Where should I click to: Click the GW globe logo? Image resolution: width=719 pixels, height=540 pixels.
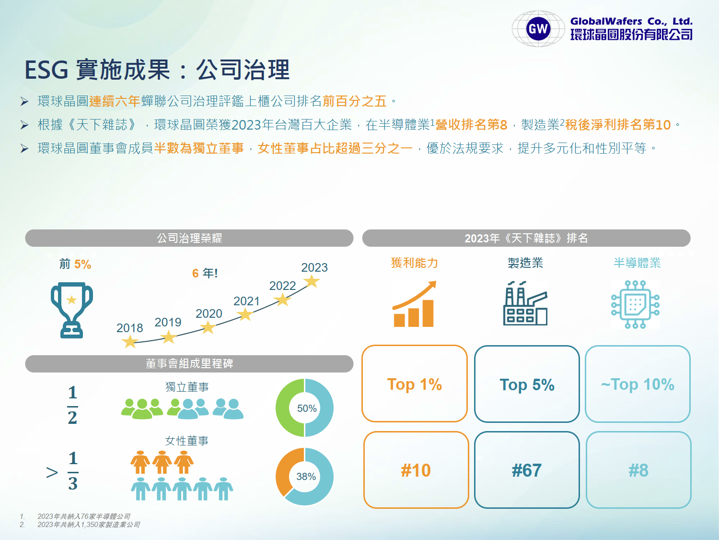point(538,28)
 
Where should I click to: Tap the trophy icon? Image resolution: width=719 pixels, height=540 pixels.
point(72,310)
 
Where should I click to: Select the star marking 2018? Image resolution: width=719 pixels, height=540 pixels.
point(130,342)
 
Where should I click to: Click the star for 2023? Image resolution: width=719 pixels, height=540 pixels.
point(312,281)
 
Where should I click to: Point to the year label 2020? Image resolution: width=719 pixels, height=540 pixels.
point(209,313)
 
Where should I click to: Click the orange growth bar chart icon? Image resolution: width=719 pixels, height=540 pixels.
point(414,304)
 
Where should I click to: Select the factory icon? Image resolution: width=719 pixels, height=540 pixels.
point(525,303)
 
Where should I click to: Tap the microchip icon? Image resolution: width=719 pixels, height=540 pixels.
point(635,304)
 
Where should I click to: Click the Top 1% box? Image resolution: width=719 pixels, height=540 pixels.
point(414,383)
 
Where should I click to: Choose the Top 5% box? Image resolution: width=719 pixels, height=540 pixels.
point(527,384)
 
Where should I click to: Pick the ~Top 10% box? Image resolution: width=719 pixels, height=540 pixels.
point(638,384)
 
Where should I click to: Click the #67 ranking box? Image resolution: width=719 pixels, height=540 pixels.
point(527,470)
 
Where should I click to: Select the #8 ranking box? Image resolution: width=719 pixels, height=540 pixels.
point(638,470)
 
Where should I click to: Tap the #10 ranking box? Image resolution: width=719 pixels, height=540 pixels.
point(416,470)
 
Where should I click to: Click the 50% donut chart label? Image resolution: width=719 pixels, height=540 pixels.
point(307,408)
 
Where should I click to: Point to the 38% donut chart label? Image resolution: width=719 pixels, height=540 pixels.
point(306,476)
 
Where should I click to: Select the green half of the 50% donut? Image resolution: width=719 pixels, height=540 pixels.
point(282,408)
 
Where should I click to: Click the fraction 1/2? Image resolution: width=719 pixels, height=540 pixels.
point(72,405)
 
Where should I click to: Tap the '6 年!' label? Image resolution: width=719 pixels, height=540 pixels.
point(205,273)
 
